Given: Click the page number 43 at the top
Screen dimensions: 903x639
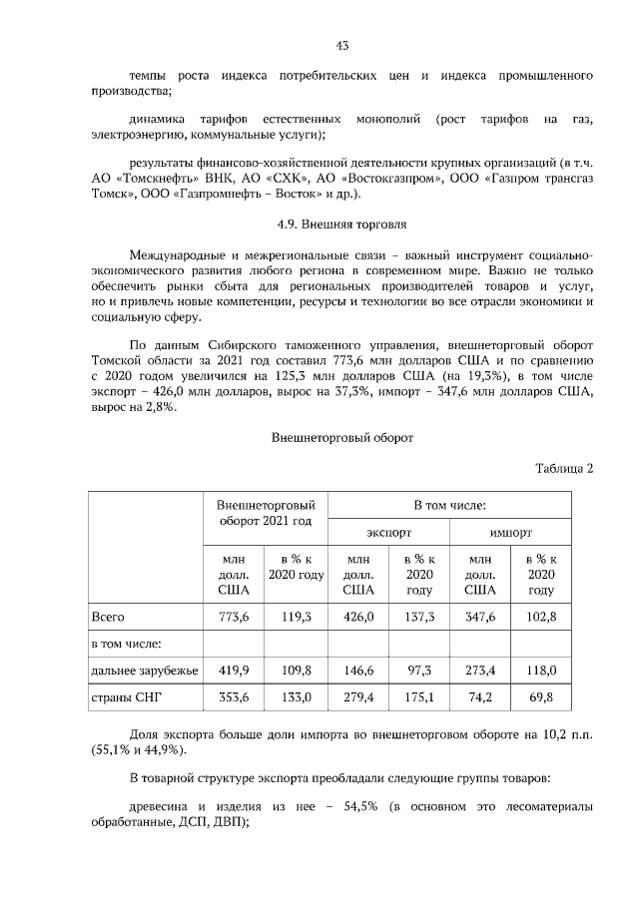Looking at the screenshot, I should [x=341, y=45].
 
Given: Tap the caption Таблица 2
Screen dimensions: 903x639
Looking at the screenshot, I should [x=564, y=469].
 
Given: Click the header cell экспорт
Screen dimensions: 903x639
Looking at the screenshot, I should [x=388, y=532].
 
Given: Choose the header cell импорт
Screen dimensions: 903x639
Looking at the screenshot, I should [x=510, y=532].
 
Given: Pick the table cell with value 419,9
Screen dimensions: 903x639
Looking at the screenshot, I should [x=233, y=668].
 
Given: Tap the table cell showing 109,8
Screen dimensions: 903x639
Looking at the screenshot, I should [x=297, y=668].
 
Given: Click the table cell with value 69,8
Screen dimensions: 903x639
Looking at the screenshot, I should [x=540, y=696].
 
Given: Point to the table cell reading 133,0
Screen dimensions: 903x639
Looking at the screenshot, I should [x=297, y=696].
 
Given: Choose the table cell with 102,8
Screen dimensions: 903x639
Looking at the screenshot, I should [x=540, y=618].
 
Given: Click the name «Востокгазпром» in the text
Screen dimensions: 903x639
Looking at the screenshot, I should [x=371, y=178].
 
